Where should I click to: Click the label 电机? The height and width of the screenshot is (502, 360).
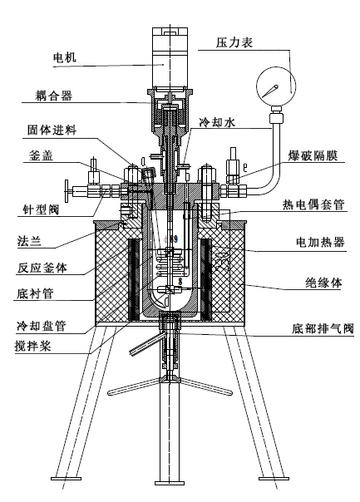(64, 57)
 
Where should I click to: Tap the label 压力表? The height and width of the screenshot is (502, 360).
(234, 42)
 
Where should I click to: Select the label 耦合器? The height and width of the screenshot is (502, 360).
(54, 96)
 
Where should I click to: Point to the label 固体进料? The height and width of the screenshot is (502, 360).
(52, 130)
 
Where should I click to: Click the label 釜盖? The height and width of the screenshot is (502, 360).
(41, 155)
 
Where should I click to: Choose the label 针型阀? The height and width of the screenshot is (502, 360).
(41, 209)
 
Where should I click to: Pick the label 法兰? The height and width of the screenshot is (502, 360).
(29, 240)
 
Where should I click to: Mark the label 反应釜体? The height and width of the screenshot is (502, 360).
(42, 268)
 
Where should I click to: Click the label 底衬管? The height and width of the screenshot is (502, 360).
(35, 293)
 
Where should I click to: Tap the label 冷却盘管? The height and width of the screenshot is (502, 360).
(41, 327)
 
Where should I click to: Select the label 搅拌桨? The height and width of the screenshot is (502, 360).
(32, 346)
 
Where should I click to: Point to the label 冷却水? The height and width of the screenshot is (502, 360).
(217, 122)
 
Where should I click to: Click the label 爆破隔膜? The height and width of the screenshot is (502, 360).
(313, 155)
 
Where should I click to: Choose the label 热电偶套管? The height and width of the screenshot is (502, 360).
(313, 204)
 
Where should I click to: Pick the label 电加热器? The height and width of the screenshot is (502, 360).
(320, 241)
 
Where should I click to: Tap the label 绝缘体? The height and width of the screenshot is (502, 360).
(323, 283)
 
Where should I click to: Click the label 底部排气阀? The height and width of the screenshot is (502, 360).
(323, 329)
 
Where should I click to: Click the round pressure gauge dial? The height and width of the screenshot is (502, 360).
(276, 86)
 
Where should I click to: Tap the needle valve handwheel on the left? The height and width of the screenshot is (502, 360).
(67, 191)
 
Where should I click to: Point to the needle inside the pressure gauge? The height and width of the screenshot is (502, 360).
(270, 91)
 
